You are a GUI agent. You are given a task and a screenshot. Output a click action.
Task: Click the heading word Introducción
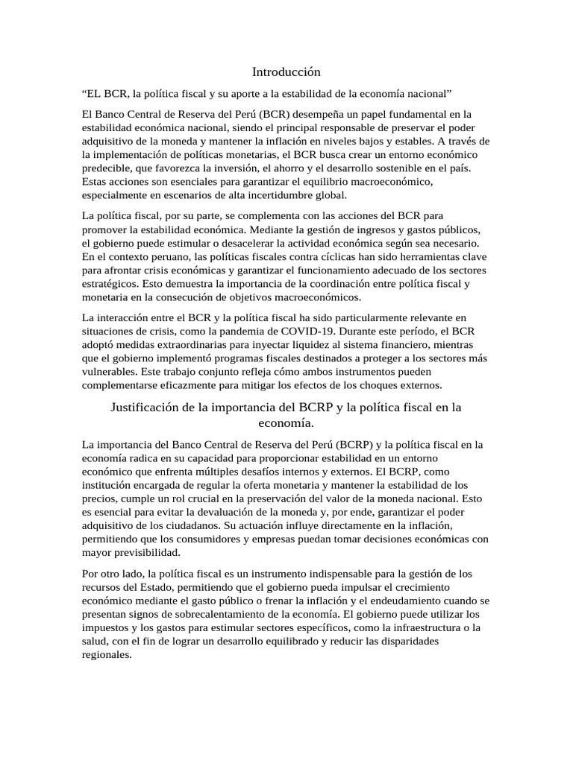(286, 72)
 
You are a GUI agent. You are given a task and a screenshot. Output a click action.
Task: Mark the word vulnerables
(111, 372)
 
